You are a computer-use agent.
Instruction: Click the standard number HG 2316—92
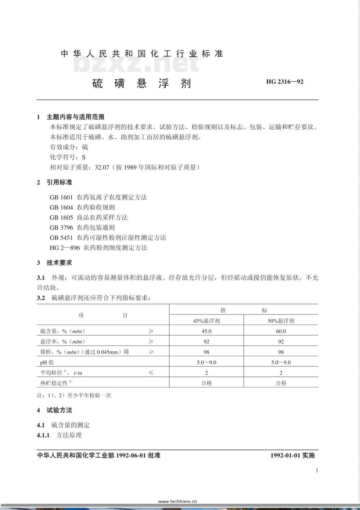pyautogui.click(x=284, y=82)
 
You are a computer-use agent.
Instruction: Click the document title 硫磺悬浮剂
pyautogui.click(x=141, y=83)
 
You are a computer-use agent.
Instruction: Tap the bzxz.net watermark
pyautogui.click(x=136, y=64)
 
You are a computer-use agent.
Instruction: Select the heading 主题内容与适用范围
pyautogui.click(x=76, y=117)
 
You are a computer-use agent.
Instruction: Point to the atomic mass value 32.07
pyautogui.click(x=102, y=167)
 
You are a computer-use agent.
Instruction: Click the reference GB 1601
pyautogui.click(x=61, y=197)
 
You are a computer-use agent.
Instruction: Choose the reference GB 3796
pyautogui.click(x=61, y=227)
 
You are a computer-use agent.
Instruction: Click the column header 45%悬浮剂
pyautogui.click(x=206, y=320)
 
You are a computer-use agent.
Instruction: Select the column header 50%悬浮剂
pyautogui.click(x=281, y=320)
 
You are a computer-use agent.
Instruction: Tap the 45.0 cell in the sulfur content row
pyautogui.click(x=206, y=331)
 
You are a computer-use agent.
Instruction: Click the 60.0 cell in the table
pyautogui.click(x=281, y=331)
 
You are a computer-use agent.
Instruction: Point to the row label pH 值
pyautogui.click(x=47, y=363)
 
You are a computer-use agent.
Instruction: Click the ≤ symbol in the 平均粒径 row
pyautogui.click(x=151, y=373)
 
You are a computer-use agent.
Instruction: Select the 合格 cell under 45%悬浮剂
pyautogui.click(x=206, y=383)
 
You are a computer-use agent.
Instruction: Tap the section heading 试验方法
pyautogui.click(x=59, y=410)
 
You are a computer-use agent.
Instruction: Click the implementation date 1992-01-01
pyautogui.click(x=285, y=455)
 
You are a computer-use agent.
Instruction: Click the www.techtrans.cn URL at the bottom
pyautogui.click(x=177, y=501)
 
